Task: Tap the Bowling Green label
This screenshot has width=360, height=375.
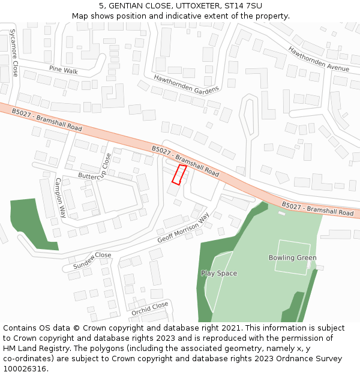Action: coord(292,258)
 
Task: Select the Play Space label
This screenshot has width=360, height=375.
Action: coord(219,274)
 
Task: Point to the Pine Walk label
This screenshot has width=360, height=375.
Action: coord(64,71)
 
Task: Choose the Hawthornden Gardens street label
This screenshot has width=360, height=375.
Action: coord(186,83)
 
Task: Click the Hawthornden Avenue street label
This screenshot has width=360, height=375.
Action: coord(318,59)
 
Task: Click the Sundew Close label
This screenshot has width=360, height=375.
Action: coord(92,259)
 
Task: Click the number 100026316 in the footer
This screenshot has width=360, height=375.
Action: coord(26,368)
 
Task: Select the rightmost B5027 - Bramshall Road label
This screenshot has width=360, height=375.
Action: coord(317,209)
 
